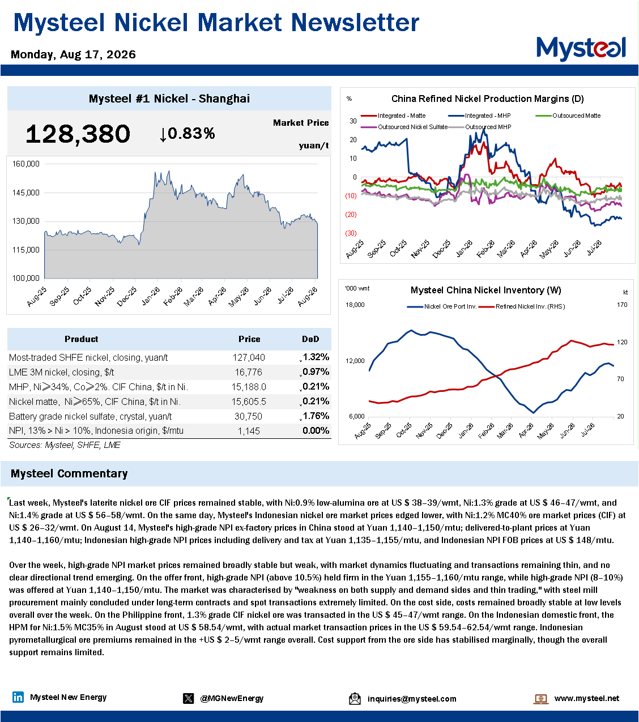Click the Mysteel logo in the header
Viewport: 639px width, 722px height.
pyautogui.click(x=581, y=49)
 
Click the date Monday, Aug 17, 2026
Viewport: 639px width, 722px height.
pyautogui.click(x=73, y=54)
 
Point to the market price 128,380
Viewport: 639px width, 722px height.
pyautogui.click(x=78, y=134)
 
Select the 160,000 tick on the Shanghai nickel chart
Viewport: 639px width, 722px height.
pyautogui.click(x=25, y=164)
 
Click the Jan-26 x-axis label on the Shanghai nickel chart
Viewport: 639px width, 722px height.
pyautogui.click(x=151, y=297)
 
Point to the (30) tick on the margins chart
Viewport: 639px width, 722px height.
pyautogui.click(x=351, y=233)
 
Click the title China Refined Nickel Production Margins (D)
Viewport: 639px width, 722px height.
pyautogui.click(x=487, y=99)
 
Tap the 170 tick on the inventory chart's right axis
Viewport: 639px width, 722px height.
pyautogui.click(x=622, y=305)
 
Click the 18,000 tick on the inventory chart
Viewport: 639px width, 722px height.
pyautogui.click(x=355, y=305)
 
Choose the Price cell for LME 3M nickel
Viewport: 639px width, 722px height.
pyautogui.click(x=249, y=372)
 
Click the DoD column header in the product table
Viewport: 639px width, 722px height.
pyautogui.click(x=310, y=339)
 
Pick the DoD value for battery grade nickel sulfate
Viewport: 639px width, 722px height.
pyautogui.click(x=316, y=416)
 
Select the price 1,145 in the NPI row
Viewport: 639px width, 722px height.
pyautogui.click(x=249, y=431)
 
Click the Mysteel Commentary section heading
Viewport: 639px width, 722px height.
pyautogui.click(x=69, y=473)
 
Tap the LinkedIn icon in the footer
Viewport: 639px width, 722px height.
pyautogui.click(x=18, y=697)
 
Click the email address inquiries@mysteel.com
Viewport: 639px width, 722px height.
pyautogui.click(x=412, y=698)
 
